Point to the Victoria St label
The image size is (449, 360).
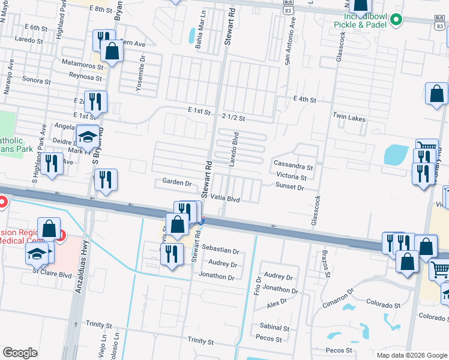pyautogui.click(x=291, y=177)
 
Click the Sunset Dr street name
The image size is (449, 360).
pyautogui.click(x=290, y=187)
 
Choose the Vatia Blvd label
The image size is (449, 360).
pyautogui.click(x=225, y=198)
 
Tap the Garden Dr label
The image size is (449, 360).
pyautogui.click(x=176, y=182)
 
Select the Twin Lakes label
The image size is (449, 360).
pyautogui.click(x=349, y=119)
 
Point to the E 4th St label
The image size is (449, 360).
pyautogui.click(x=304, y=99)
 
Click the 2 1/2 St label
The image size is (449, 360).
pyautogui.click(x=233, y=118)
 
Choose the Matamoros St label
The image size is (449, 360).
pyautogui.click(x=82, y=62)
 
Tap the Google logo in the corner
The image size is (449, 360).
pyautogui.click(x=20, y=353)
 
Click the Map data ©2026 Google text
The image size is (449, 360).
pyautogui.click(x=411, y=355)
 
